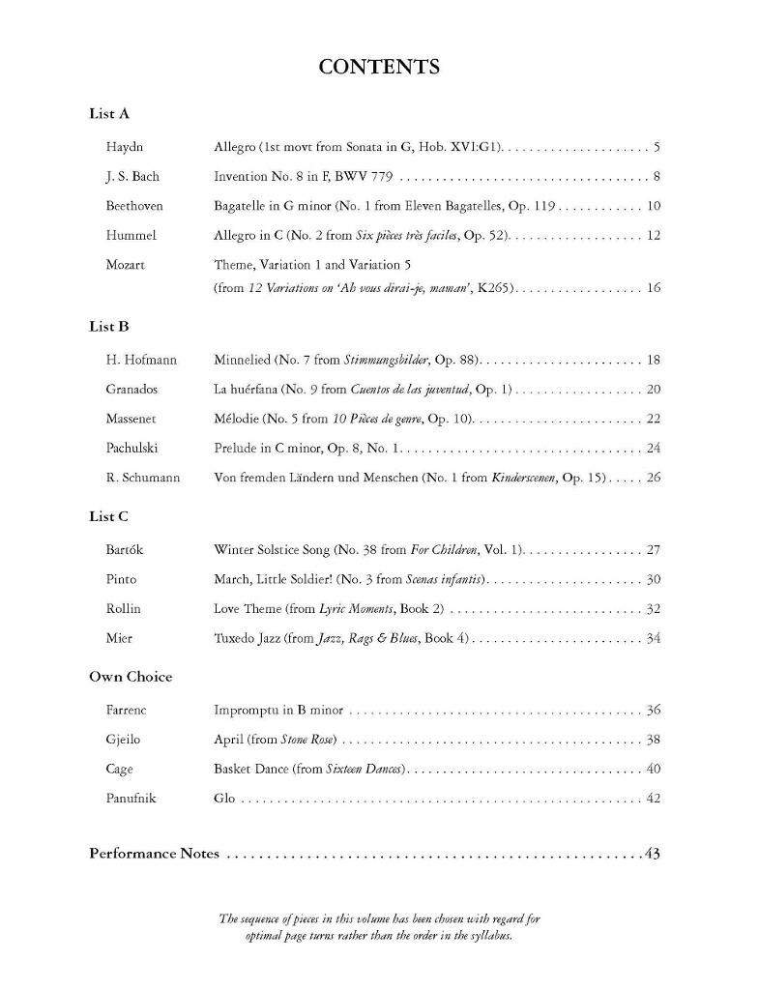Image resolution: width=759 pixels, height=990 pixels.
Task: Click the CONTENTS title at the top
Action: point(379,67)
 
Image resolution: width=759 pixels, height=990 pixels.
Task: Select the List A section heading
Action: point(109,113)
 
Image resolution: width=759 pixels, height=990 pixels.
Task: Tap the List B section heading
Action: point(109,326)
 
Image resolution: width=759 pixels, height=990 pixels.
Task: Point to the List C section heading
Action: point(109,516)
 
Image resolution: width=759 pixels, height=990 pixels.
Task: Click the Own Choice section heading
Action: point(131,677)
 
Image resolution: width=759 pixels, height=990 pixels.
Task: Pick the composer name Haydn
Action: point(125,147)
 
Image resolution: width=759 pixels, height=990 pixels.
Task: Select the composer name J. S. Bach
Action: point(132,177)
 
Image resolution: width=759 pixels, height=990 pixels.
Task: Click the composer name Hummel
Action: point(131,235)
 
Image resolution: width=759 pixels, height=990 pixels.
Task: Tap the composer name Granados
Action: point(131,389)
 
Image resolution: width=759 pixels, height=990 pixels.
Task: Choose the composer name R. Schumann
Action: point(143,477)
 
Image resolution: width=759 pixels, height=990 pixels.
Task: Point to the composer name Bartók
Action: point(127,550)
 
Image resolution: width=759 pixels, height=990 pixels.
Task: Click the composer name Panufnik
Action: point(132,799)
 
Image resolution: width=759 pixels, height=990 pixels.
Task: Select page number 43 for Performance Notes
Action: point(652,854)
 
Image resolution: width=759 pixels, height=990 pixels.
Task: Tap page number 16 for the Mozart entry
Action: point(653,288)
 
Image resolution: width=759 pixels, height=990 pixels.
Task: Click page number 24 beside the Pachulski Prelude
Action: point(653,448)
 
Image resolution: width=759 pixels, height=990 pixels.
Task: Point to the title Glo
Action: point(224,799)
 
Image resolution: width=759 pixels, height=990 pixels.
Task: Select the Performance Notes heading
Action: point(154,854)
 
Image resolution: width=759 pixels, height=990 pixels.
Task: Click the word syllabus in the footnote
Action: point(491,937)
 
